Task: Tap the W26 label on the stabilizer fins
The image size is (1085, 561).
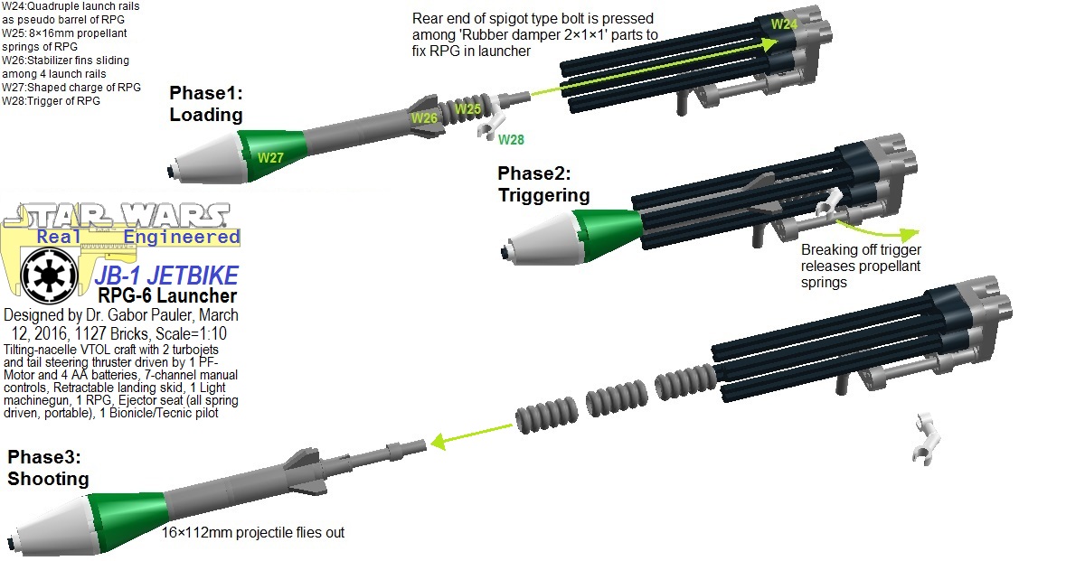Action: click(425, 117)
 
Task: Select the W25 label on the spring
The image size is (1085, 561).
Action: click(467, 109)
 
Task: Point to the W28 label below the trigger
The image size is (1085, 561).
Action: click(510, 139)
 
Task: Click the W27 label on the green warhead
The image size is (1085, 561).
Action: click(271, 157)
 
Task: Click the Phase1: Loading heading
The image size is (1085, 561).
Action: click(206, 104)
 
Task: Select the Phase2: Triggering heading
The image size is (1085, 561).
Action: click(543, 183)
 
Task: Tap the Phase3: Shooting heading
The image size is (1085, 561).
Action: click(48, 468)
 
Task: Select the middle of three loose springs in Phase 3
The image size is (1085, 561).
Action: click(612, 400)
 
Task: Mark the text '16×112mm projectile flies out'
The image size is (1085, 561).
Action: click(253, 533)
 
